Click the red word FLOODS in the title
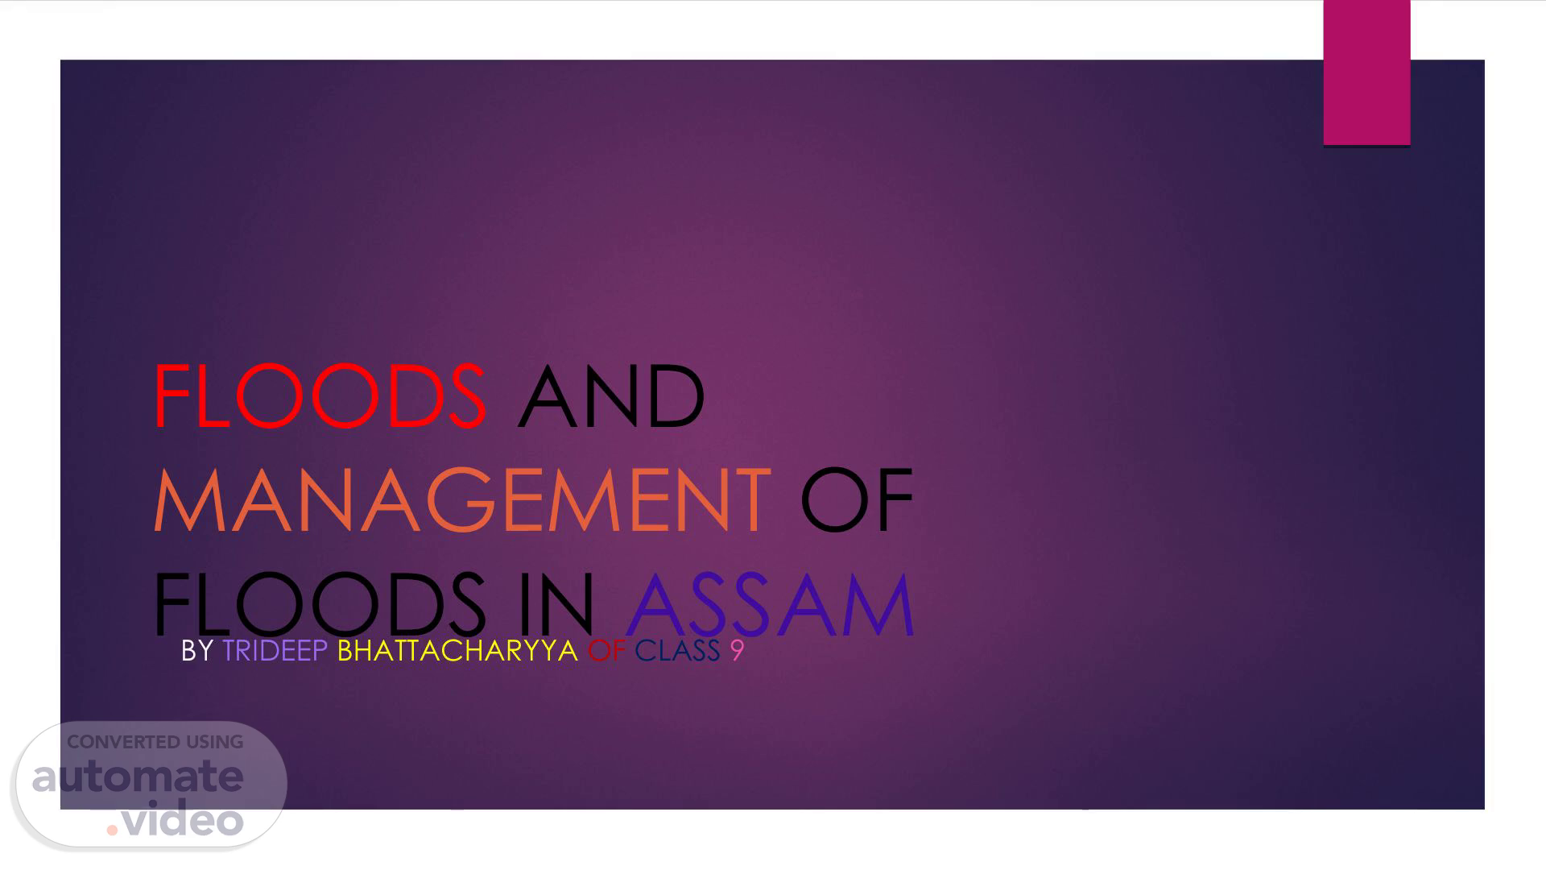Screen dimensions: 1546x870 pyautogui.click(x=320, y=396)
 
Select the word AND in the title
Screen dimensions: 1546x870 pyautogui.click(x=611, y=396)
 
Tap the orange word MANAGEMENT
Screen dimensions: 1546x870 pyautogui.click(x=461, y=500)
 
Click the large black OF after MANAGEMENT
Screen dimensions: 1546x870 pyautogui.click(x=857, y=500)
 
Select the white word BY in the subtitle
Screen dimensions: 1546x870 pyautogui.click(x=197, y=651)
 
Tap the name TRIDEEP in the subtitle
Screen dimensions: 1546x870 pyautogui.click(x=275, y=651)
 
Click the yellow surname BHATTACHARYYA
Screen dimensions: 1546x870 pyautogui.click(x=457, y=651)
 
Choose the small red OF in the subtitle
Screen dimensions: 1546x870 pyautogui.click(x=607, y=651)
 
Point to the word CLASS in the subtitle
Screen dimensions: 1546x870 pyautogui.click(x=677, y=651)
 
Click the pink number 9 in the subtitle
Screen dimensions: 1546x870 pyautogui.click(x=738, y=651)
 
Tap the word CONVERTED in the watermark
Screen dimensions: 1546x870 pyautogui.click(x=123, y=742)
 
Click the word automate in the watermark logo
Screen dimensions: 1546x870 pyautogui.click(x=138, y=777)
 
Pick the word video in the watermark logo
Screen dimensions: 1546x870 pyautogui.click(x=183, y=819)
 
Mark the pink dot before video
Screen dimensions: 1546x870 pyautogui.click(x=112, y=830)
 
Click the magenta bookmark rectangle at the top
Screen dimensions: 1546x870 pyautogui.click(x=1366, y=72)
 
